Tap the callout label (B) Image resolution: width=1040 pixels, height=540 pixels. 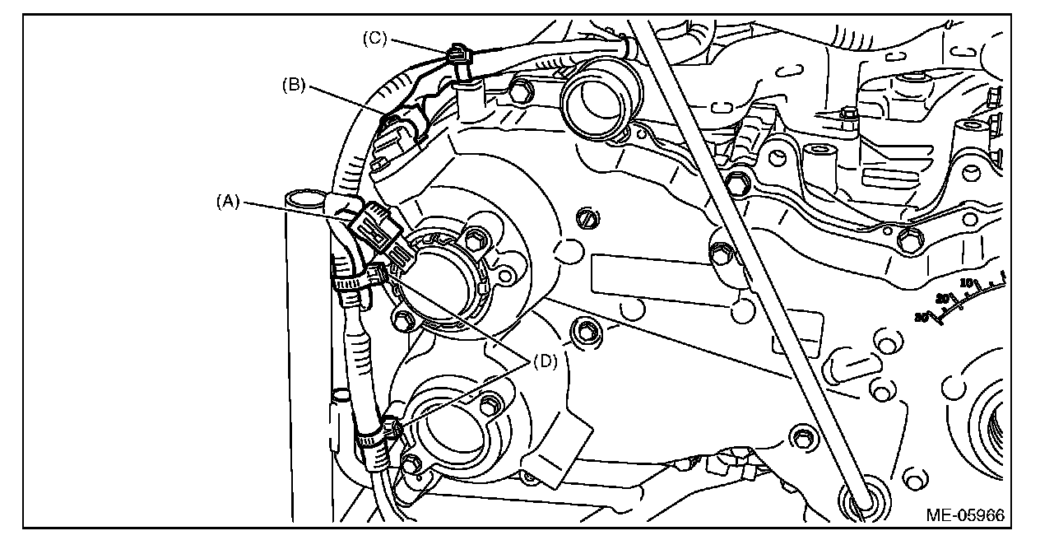294,85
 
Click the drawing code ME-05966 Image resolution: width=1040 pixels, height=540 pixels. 965,516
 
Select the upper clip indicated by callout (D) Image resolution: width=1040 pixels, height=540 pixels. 374,275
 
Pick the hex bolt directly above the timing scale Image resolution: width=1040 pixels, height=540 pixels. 908,240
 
